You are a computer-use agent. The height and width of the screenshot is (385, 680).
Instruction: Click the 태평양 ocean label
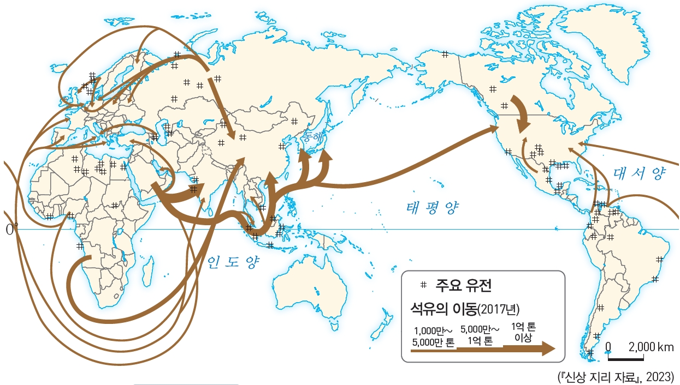[433, 207]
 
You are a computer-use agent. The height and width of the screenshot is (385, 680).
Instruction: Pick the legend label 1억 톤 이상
[523, 332]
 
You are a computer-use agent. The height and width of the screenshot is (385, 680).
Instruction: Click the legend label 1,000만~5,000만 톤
[434, 336]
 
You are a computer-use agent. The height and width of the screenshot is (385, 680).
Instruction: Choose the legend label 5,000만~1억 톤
[480, 335]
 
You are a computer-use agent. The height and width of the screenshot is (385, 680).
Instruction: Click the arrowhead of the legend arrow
[548, 349]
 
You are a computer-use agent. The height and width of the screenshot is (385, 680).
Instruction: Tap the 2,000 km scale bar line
[626, 358]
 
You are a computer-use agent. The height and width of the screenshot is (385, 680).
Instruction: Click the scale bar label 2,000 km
[651, 347]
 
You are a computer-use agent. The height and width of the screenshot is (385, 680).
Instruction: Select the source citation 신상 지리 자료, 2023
[615, 377]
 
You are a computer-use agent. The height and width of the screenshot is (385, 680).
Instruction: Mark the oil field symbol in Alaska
[445, 53]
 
